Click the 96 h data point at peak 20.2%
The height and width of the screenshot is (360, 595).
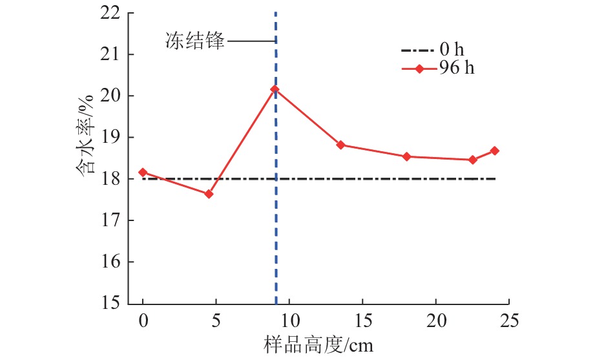tap(275, 89)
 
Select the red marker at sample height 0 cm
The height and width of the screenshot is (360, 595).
tap(143, 173)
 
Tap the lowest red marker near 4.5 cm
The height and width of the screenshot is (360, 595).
tap(209, 194)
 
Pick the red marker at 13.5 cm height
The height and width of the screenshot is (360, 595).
tap(340, 145)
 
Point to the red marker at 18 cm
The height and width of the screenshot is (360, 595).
tap(406, 156)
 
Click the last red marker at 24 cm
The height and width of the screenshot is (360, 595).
tap(495, 151)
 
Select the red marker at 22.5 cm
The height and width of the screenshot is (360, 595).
tap(472, 160)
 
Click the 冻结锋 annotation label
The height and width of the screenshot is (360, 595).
tap(193, 43)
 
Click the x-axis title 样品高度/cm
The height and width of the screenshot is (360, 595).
tap(318, 344)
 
